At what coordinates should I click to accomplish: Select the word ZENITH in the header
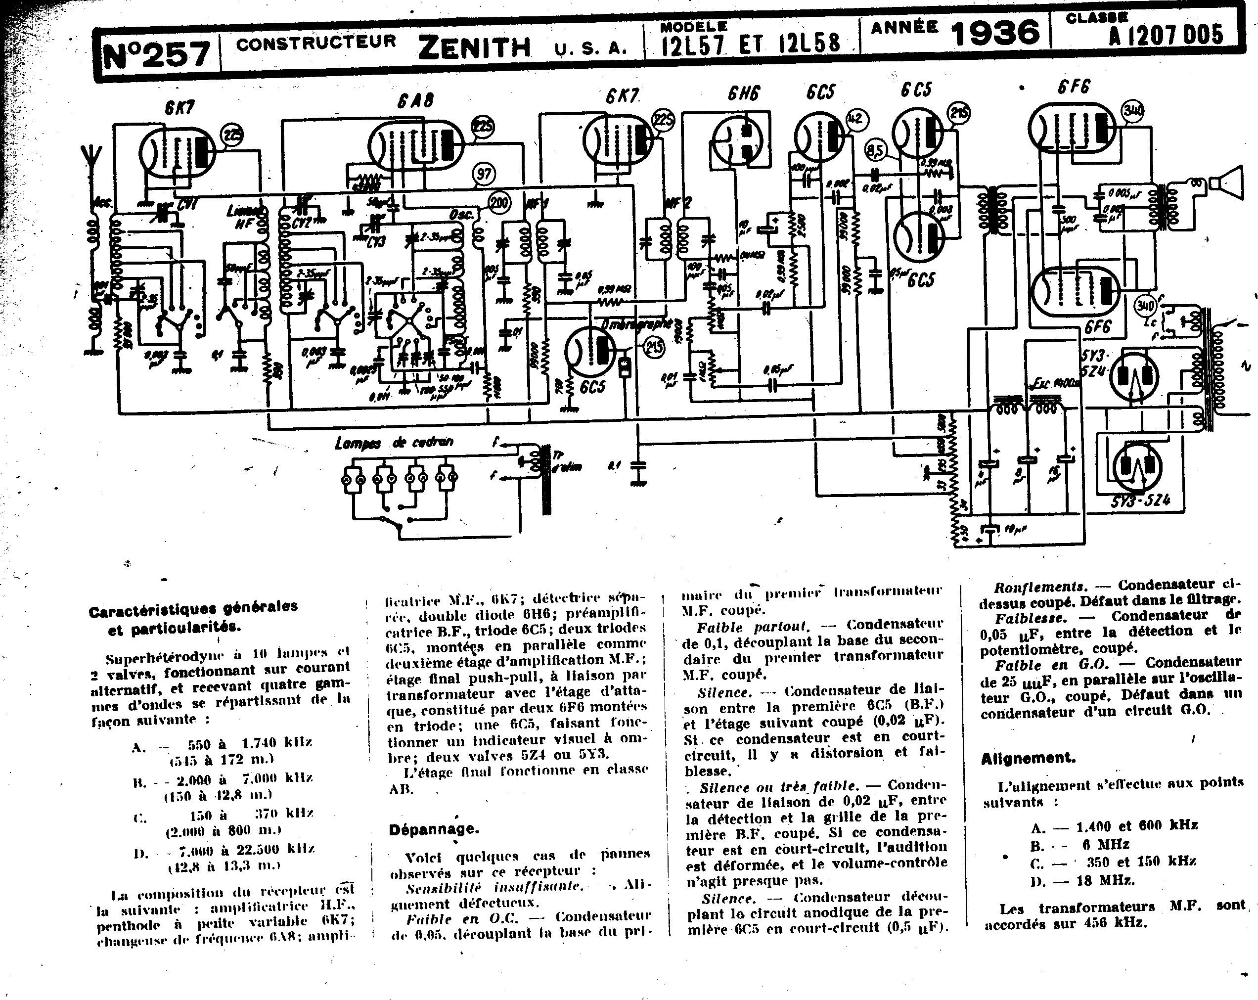coord(474,46)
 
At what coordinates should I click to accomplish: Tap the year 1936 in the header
coord(995,32)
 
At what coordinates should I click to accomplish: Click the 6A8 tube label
coord(415,100)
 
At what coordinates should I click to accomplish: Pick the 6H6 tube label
coord(743,93)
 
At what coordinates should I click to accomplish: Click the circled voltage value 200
coord(498,203)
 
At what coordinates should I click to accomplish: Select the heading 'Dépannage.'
coord(434,828)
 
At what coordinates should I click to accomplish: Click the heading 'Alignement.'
coord(1028,759)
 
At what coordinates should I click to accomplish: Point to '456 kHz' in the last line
coord(1115,923)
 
